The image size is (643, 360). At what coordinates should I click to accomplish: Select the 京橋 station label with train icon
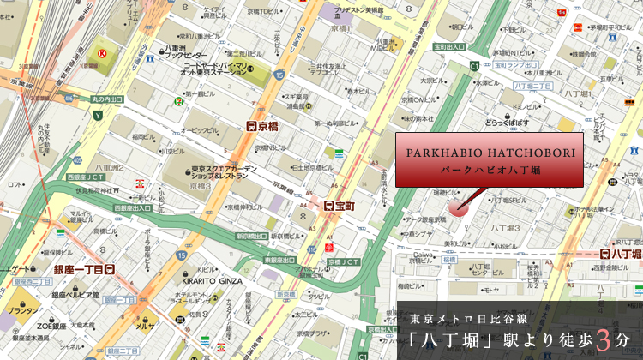pyautogui.click(x=262, y=125)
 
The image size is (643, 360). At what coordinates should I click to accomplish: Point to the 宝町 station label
pyautogui.click(x=340, y=206)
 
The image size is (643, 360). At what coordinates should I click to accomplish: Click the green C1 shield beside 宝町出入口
pyautogui.click(x=474, y=65)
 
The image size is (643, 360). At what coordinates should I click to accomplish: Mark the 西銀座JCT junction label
pyautogui.click(x=84, y=177)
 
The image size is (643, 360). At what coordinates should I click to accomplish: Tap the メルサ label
pyautogui.click(x=144, y=325)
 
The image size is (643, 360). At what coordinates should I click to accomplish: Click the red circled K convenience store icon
pyautogui.click(x=102, y=53)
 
